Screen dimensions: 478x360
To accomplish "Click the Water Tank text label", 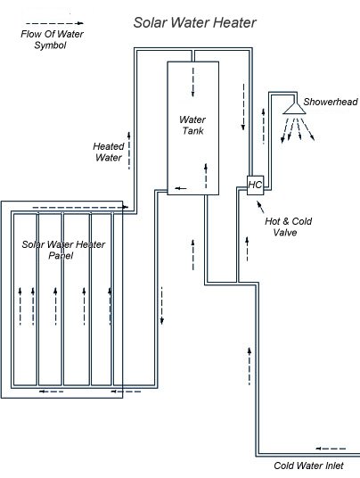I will point(192,126).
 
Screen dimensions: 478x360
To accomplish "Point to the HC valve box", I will point(254,185).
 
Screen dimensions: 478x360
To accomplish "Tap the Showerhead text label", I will point(331,103).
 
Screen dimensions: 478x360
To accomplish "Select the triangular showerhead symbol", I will point(291,107).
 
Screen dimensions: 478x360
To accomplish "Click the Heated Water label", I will point(108,152).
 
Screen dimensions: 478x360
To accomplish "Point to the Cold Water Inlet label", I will point(315,465).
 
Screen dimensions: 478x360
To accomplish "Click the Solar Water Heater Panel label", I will point(62,250).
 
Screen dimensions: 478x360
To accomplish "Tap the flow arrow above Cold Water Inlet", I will point(331,448).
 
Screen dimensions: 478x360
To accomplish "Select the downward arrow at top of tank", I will point(193,81).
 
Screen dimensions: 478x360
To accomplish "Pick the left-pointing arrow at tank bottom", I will point(181,188).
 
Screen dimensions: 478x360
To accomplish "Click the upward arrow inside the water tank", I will point(207,170).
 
